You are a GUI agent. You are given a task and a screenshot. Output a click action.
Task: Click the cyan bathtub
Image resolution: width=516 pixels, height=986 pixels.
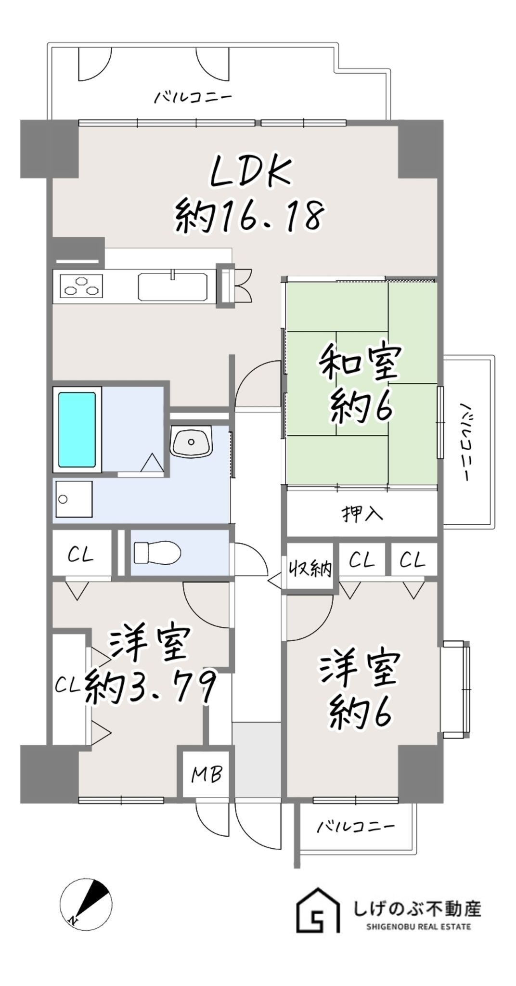tap(77, 429)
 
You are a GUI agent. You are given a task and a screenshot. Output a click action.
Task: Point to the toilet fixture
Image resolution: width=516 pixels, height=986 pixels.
tap(157, 552)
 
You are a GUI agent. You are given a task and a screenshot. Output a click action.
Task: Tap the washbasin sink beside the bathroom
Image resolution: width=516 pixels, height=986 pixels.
tap(191, 441)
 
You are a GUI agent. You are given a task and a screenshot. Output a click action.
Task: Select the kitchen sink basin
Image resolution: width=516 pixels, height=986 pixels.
tap(172, 287)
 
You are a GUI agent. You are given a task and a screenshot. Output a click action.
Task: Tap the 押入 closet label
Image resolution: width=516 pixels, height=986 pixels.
tap(362, 514)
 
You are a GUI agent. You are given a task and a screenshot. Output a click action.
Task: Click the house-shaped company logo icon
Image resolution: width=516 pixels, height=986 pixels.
tap(318, 910)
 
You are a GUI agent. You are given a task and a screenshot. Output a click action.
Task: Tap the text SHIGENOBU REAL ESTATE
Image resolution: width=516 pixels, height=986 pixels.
tap(418, 926)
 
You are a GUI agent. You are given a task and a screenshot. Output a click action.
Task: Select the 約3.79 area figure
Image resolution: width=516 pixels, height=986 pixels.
tap(150, 688)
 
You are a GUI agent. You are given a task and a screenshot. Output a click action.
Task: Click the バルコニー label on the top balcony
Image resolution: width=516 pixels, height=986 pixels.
tap(193, 97)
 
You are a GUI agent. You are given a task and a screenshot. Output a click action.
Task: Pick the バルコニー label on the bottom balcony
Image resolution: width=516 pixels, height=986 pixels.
tap(355, 827)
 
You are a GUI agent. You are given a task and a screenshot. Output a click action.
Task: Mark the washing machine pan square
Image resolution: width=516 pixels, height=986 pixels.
tap(74, 499)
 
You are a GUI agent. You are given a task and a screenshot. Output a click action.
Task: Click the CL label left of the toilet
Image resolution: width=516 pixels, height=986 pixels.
tap(80, 555)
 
